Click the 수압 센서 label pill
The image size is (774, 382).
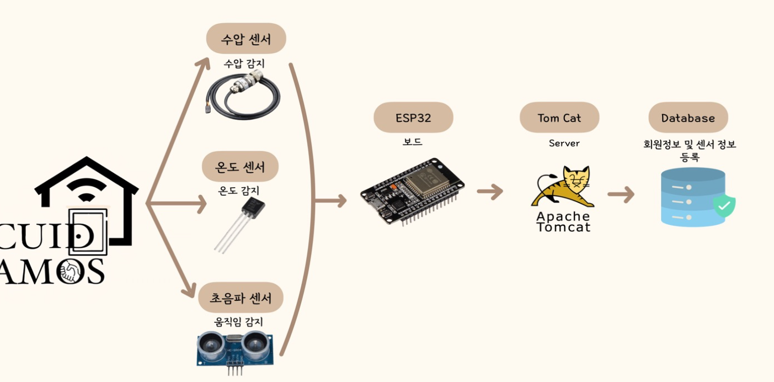pyautogui.click(x=246, y=39)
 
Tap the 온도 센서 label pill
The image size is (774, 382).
pyautogui.click(x=240, y=166)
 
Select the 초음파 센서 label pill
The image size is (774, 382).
pyautogui.click(x=241, y=298)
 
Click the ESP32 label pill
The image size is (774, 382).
pyautogui.click(x=413, y=118)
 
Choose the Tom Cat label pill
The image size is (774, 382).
pyautogui.click(x=559, y=118)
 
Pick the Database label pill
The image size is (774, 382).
pyautogui.click(x=688, y=118)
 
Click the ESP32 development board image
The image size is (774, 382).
pyautogui.click(x=413, y=191)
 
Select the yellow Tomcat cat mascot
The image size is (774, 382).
pyautogui.click(x=563, y=188)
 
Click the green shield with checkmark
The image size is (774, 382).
pyautogui.click(x=724, y=205)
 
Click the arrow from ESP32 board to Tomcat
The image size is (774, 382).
pyautogui.click(x=490, y=192)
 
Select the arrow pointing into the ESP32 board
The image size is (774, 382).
pyautogui.click(x=331, y=201)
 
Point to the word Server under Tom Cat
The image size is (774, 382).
pyautogui.click(x=564, y=144)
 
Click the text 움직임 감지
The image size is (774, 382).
pyautogui.click(x=238, y=322)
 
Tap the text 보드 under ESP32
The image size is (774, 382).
pyautogui.click(x=412, y=142)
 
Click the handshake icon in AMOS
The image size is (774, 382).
pyautogui.click(x=71, y=272)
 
